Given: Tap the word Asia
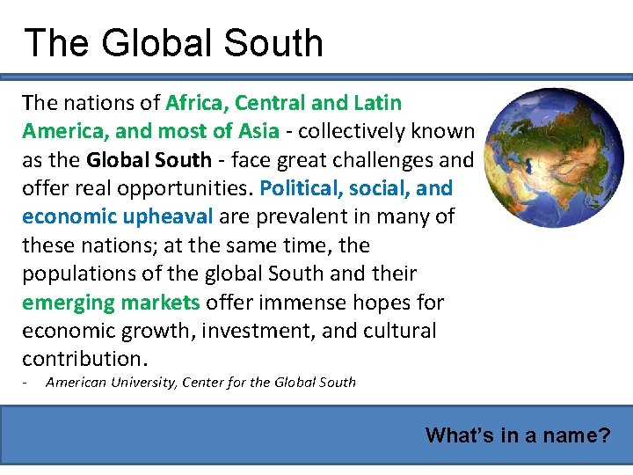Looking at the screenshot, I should click(257, 132).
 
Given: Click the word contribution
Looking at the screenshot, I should click(80, 359).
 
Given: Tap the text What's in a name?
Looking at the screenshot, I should click(517, 435).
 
